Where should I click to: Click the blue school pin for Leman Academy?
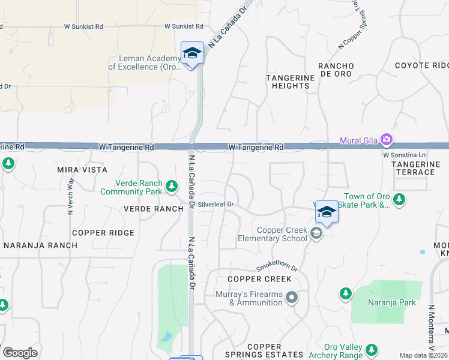(192, 53)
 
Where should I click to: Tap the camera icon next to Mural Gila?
(386, 140)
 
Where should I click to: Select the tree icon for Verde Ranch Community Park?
(172, 186)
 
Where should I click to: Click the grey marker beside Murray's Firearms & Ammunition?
(292, 298)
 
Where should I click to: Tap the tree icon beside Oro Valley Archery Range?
(372, 349)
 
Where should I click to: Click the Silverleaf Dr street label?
(215, 205)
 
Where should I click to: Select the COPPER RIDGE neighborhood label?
(103, 233)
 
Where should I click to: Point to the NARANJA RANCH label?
(40, 245)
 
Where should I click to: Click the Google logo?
(19, 353)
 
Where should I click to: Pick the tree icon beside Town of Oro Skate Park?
(400, 199)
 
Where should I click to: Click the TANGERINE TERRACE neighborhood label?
(412, 168)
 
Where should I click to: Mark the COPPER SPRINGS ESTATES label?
(264, 351)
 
